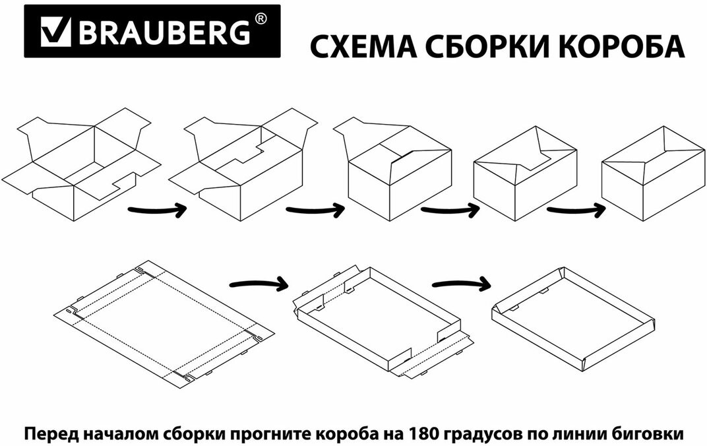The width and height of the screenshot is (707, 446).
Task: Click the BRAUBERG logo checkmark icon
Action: coord(55,31)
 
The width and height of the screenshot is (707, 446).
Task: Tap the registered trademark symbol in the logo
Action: coord(261,18)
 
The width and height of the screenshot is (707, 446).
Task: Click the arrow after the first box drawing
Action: coord(157,210)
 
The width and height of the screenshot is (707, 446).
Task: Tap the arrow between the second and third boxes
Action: coord(315,210)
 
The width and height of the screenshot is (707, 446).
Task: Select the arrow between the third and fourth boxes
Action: coord(450,210)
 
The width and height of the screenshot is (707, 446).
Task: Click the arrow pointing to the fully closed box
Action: coord(576,210)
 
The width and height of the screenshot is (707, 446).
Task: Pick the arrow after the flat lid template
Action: coord(259,284)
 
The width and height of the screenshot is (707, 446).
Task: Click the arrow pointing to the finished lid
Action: coord(461,284)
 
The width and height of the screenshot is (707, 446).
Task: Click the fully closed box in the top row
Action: coord(654,174)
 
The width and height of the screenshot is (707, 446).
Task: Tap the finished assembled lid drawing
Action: coord(572,319)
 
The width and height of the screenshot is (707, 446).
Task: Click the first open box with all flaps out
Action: coord(81,164)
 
